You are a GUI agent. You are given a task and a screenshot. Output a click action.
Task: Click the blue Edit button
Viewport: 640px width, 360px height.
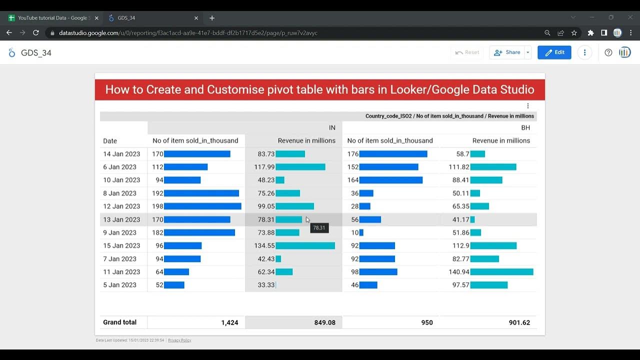pyautogui.click(x=554, y=52)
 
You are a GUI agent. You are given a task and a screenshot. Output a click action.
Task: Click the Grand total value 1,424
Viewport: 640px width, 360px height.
pyautogui.click(x=229, y=322)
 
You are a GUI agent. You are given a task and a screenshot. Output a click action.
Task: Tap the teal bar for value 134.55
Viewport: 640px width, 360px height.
pyautogui.click(x=305, y=245)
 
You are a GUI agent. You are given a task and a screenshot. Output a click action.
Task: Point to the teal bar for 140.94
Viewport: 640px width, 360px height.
pyautogui.click(x=501, y=272)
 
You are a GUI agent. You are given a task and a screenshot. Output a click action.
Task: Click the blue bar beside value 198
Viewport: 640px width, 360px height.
pyautogui.click(x=202, y=206)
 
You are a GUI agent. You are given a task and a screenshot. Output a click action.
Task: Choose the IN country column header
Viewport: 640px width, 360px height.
pyautogui.click(x=332, y=127)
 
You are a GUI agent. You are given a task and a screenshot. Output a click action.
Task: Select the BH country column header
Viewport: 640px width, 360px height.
pyautogui.click(x=525, y=127)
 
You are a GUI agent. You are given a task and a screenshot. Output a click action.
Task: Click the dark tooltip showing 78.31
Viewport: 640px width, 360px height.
pyautogui.click(x=319, y=228)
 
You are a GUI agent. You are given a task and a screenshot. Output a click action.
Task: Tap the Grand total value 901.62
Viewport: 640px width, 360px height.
pyautogui.click(x=519, y=322)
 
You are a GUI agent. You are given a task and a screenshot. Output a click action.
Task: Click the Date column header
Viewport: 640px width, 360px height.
pyautogui.click(x=110, y=141)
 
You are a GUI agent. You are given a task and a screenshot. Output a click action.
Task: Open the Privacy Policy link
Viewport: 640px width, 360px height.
pyautogui.click(x=179, y=340)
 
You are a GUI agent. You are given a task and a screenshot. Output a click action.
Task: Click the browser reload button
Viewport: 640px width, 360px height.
pyautogui.click(x=36, y=33)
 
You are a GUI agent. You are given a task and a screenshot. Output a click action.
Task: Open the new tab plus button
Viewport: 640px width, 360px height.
pyautogui.click(x=212, y=18)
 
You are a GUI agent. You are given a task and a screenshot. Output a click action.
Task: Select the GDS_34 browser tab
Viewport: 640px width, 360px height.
pyautogui.click(x=150, y=18)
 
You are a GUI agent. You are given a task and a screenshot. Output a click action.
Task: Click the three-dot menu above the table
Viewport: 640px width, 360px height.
pyautogui.click(x=527, y=106)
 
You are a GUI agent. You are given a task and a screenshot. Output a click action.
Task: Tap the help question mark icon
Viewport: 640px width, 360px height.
pyautogui.click(x=608, y=52)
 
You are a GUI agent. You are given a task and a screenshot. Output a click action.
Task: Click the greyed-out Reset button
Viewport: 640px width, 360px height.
pyautogui.click(x=467, y=52)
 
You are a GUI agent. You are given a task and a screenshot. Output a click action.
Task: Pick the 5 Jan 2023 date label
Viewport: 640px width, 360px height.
pyautogui.click(x=119, y=285)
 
